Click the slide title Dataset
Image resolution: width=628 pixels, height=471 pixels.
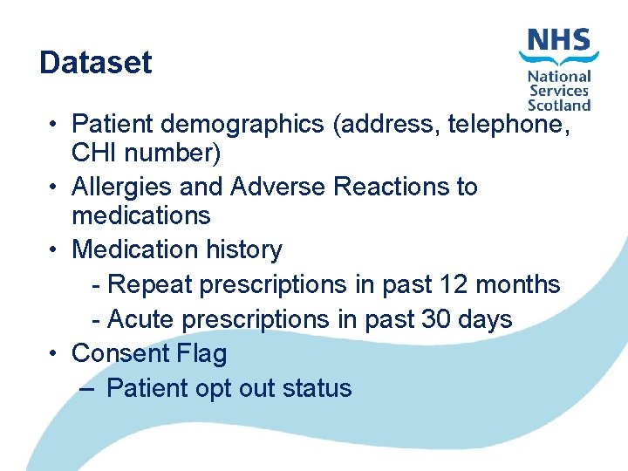coord(96,63)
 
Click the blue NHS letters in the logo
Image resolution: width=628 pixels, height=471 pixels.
coord(558,40)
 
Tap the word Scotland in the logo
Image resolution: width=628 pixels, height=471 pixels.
coord(559,105)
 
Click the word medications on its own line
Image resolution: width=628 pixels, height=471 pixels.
coord(141,215)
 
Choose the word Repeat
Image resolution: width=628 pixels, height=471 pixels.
coord(150,284)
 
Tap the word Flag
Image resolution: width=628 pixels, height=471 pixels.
coord(201,353)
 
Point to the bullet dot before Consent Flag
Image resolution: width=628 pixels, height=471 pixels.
coord(54,354)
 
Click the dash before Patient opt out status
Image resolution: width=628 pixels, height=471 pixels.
coord(85,388)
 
